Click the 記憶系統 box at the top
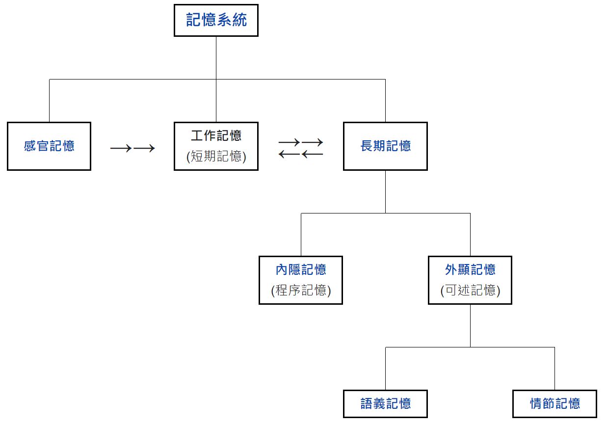[216, 20]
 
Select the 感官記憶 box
[49, 146]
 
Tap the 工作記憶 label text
[216, 135]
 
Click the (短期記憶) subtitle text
[216, 157]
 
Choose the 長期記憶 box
[385, 146]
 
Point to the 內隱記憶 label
[301, 269]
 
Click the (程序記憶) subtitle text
[301, 291]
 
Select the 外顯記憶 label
[470, 269]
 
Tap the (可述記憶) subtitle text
[470, 291]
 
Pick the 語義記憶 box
[385, 403]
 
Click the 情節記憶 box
[554, 403]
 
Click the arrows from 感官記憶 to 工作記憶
[132, 148]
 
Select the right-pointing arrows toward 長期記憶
[301, 142]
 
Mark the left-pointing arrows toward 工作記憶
[301, 155]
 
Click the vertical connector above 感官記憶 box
[49, 101]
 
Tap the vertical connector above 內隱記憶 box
[301, 235]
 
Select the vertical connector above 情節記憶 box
[554, 369]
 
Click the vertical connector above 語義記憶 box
[385, 369]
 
